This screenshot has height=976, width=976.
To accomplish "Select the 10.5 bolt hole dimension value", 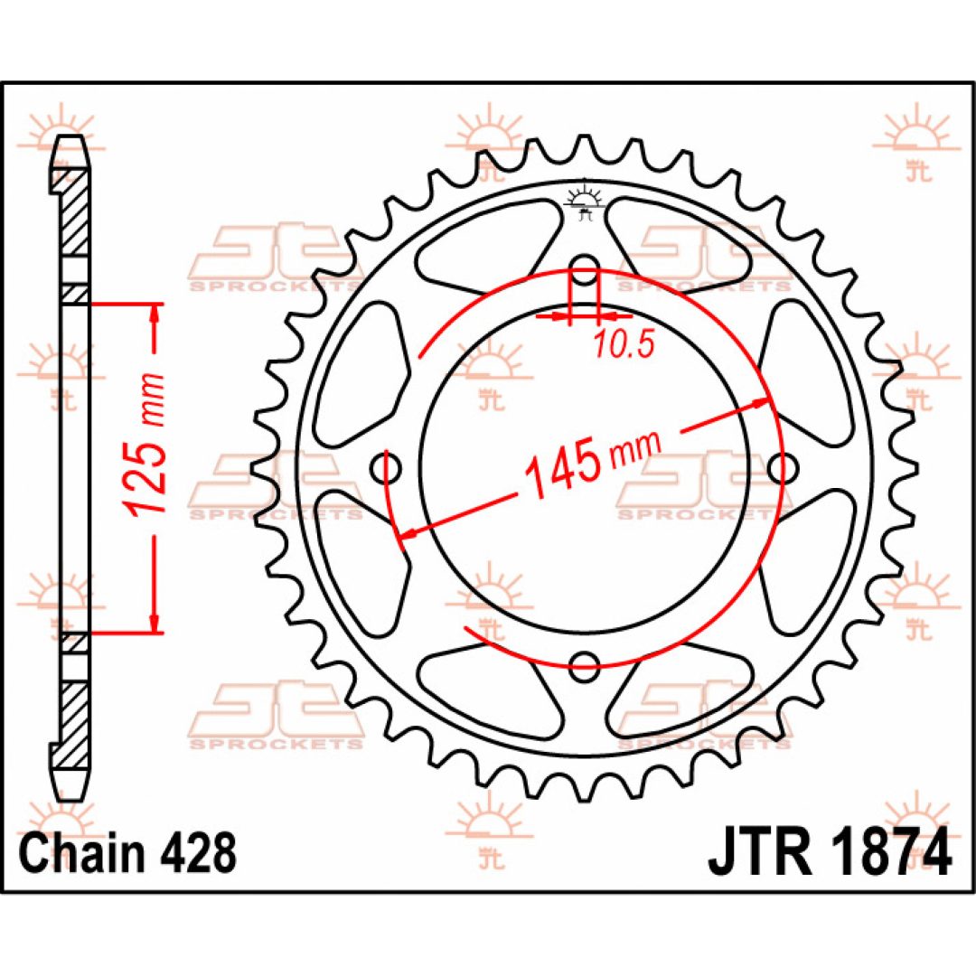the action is [x=624, y=344].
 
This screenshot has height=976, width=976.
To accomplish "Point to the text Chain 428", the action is [x=129, y=851].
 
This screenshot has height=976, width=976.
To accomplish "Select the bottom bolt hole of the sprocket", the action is [x=584, y=665].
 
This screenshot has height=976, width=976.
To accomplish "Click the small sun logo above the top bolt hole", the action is [x=584, y=201].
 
